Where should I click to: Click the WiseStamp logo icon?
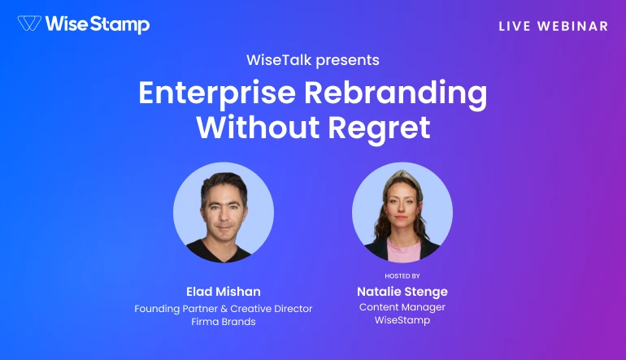tap(30, 24)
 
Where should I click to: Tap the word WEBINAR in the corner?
tap(574, 26)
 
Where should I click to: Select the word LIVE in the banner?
tap(515, 26)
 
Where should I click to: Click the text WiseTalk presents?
tap(313, 60)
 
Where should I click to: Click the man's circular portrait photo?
tap(224, 211)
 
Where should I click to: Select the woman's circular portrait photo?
tap(402, 211)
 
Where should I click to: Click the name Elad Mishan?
tap(224, 291)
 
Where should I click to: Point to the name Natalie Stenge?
tap(402, 291)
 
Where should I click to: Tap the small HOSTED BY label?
tap(402, 276)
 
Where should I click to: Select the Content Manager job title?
tap(402, 307)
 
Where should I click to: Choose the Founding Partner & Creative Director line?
tap(224, 309)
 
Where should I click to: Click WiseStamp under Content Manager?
tap(402, 322)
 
